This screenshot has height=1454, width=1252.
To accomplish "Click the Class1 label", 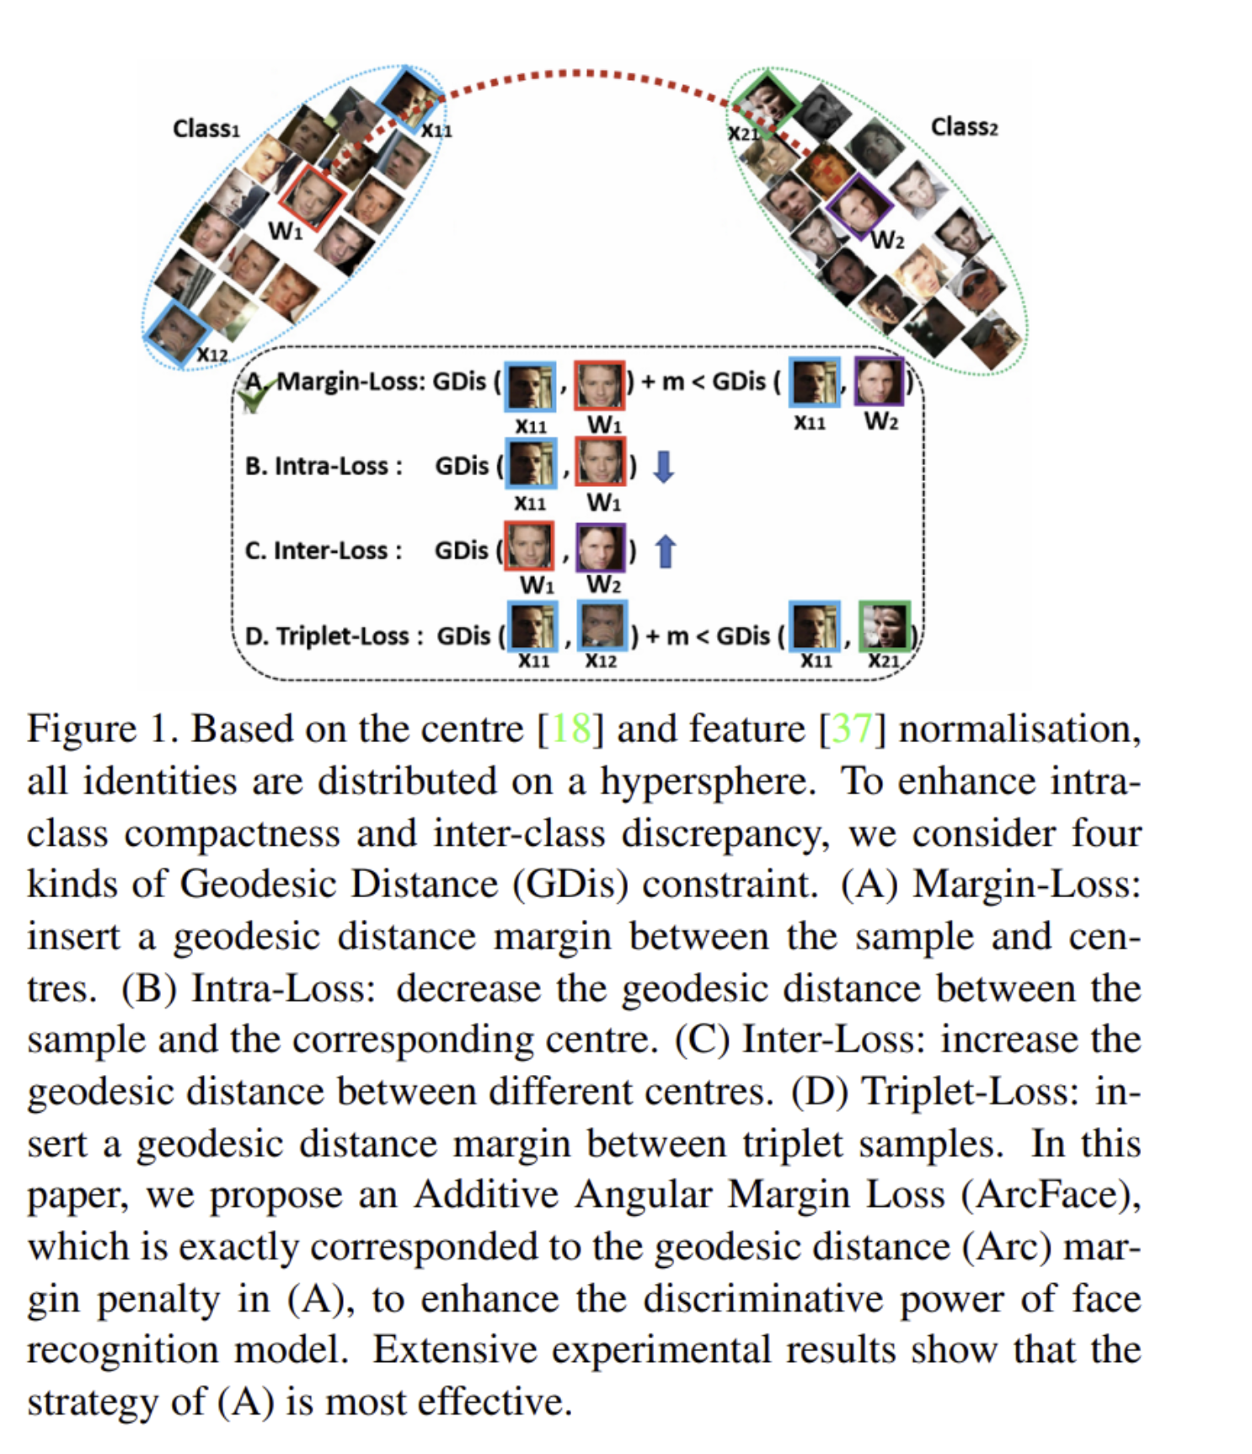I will [206, 129].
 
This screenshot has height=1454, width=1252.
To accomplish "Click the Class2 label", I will [963, 127].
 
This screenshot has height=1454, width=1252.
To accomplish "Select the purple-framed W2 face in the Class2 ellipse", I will [859, 206].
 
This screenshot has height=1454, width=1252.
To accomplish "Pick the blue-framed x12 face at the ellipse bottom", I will [176, 334].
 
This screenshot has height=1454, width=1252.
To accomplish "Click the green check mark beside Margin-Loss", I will [254, 394].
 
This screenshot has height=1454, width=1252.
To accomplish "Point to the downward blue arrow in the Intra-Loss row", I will [664, 466].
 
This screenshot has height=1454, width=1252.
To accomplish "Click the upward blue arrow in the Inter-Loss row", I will [666, 551].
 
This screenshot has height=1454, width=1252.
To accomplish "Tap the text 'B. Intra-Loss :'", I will [324, 466].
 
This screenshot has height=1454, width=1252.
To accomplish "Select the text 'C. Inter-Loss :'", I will [323, 551].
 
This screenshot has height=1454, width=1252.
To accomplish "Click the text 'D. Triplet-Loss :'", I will [334, 635].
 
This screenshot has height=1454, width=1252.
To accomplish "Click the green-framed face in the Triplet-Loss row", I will [884, 627].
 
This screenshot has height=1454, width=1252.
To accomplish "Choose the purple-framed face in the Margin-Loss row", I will [879, 382].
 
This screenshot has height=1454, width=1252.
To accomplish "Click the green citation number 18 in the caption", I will [570, 729].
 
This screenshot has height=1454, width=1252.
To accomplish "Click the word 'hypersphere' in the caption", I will [707, 781].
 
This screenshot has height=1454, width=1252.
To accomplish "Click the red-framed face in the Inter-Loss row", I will [529, 546].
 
